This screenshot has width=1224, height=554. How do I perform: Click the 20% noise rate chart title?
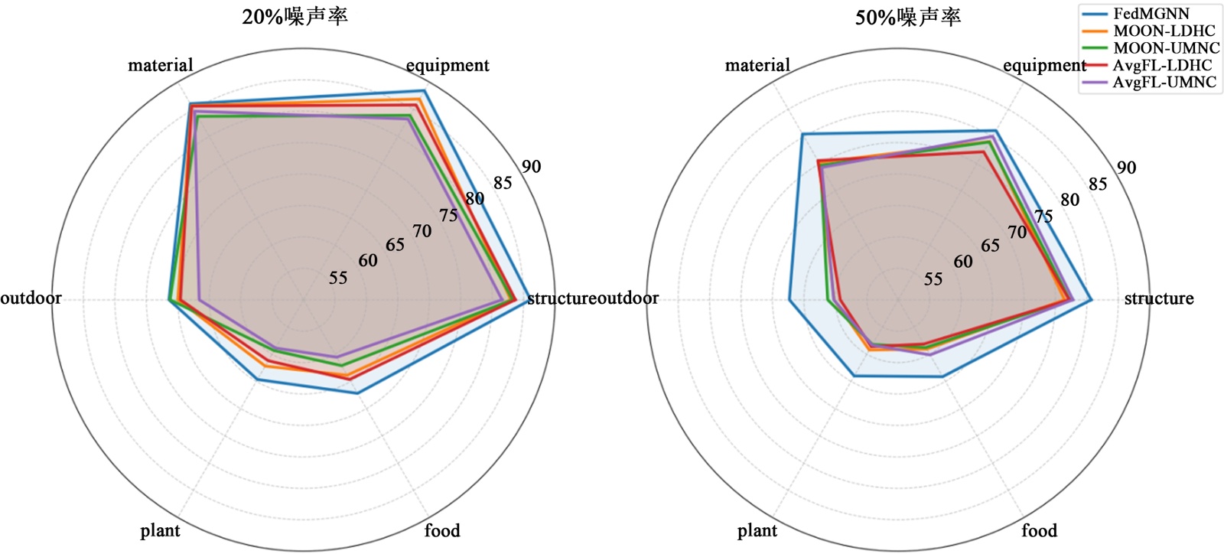coord(295,17)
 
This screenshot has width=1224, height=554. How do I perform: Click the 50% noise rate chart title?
coord(907,17)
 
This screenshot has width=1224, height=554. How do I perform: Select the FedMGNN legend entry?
coord(1151,14)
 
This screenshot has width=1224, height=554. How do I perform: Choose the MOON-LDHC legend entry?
coord(1164,31)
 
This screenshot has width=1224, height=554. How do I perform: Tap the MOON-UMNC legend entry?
coord(1166,48)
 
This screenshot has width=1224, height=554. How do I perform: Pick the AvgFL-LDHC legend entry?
coord(1162,65)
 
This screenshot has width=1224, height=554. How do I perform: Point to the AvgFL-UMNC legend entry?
coord(1164,82)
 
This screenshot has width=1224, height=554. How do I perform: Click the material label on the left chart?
coord(160,65)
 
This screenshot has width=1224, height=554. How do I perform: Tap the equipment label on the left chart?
coord(448,65)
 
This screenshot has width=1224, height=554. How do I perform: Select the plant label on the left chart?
coord(160,530)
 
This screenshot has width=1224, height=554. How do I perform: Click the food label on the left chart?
coord(442,530)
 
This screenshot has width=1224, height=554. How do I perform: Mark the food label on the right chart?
coord(1039,530)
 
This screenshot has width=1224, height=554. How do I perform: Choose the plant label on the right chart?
coord(757,530)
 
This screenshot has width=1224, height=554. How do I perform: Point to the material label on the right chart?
coord(757,65)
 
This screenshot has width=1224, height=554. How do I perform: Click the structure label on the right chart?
coord(1158,298)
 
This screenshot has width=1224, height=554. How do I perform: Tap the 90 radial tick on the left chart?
coord(531,167)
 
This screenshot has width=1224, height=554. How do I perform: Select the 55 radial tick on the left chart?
coord(338,278)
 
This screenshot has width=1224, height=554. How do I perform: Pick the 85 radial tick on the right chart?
coord(1098,184)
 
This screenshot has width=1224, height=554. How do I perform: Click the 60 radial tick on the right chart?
coord(963,262)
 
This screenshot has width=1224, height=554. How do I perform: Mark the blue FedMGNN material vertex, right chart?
coord(802,135)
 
